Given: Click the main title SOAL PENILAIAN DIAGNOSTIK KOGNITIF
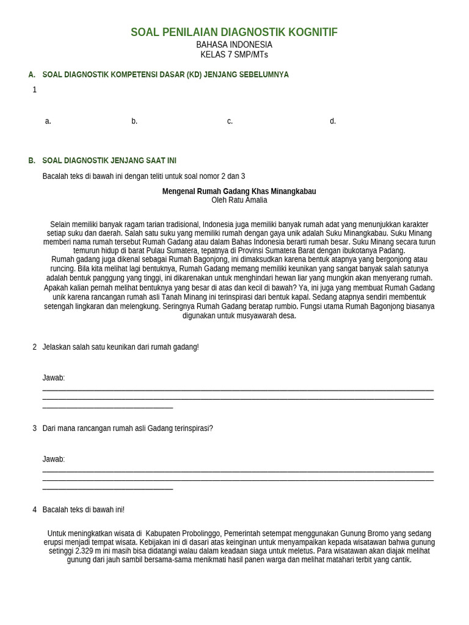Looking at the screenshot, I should [234, 32].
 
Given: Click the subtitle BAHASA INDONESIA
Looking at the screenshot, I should [234, 45].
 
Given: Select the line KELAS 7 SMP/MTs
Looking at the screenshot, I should [234, 55].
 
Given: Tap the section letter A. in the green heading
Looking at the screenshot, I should [32, 74].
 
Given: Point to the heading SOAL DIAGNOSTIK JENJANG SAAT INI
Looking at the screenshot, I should [109, 161].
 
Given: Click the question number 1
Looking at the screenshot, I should [35, 90].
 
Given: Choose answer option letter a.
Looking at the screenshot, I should [48, 121].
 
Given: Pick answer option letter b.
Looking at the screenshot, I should [134, 121].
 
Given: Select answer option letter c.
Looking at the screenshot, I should [230, 121].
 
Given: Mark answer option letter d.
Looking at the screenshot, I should [333, 121].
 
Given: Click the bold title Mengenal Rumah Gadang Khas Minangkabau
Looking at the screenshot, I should [239, 192].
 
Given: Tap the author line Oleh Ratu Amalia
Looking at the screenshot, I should [239, 200].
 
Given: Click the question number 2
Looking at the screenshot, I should [35, 347].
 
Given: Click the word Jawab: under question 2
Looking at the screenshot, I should [54, 378].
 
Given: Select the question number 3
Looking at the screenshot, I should [35, 428].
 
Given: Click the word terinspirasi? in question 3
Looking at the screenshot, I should [194, 428].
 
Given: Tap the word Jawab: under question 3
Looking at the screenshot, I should [54, 459].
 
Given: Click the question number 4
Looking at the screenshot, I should [35, 510].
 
